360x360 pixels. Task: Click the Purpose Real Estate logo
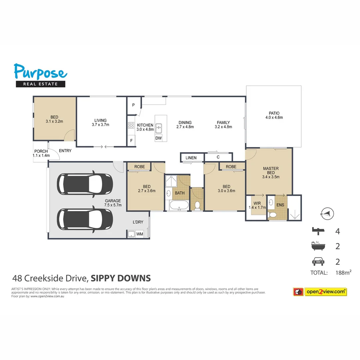40,75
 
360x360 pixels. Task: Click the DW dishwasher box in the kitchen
158,138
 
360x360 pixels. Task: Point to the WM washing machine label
140,234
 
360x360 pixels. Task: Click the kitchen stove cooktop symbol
131,126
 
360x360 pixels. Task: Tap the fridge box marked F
131,141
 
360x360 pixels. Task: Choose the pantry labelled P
133,105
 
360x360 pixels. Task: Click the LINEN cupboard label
191,158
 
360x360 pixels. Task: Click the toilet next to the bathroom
197,205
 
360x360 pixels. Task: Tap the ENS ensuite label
280,205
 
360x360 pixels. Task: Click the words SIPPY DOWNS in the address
121,278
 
